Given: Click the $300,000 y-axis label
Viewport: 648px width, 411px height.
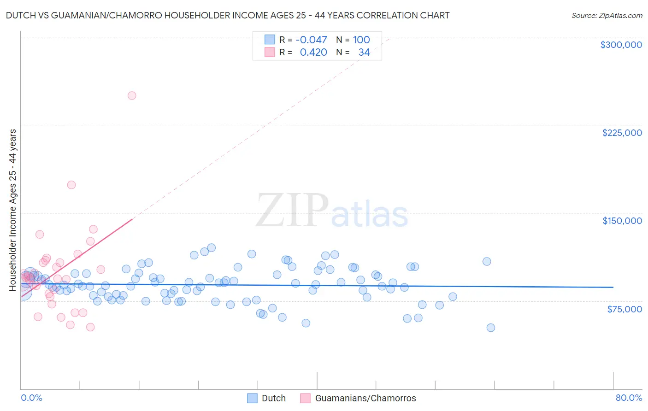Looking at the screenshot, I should pos(621,45).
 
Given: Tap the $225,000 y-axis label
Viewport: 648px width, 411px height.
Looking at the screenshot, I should pos(622,133).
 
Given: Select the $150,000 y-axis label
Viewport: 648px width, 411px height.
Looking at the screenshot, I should pos(622,221).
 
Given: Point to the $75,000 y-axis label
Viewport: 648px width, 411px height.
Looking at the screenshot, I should pos(624,309).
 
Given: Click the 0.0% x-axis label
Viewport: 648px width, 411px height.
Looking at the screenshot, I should pos(31,398).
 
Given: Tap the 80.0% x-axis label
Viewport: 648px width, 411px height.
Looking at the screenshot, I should pos(629,398).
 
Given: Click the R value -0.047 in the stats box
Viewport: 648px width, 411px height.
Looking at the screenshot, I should pos(311,40).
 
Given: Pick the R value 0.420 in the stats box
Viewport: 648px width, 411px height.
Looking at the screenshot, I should pos(313,53).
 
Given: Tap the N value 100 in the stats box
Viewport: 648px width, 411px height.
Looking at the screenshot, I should pos(361,40).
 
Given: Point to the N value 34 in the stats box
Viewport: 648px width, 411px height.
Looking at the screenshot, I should pos(364,53).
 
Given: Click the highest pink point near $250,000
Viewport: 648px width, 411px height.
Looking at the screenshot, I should pos(132,96).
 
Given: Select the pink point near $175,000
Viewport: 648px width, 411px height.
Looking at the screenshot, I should pos(71,185).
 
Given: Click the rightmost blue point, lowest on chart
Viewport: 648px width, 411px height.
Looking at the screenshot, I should pos(491,328).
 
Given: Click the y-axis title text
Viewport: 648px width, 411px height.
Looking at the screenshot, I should pos(13,210).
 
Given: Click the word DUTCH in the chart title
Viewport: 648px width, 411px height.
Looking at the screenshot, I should pos(21,15).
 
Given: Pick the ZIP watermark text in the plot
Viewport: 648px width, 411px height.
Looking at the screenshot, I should pos(292,211).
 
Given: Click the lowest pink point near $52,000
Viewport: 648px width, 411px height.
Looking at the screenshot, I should pos(90,327).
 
